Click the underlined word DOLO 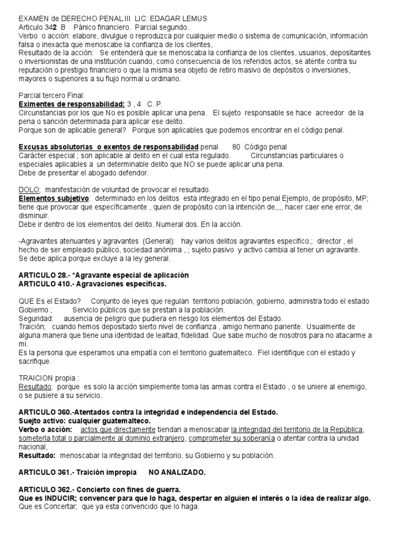pyautogui.click(x=30, y=189)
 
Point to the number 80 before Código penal pyautogui.click(x=236, y=147)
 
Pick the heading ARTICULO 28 pyautogui.click(x=46, y=275)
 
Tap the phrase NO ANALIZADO pyautogui.click(x=177, y=472)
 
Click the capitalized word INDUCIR pyautogui.click(x=62, y=498)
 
